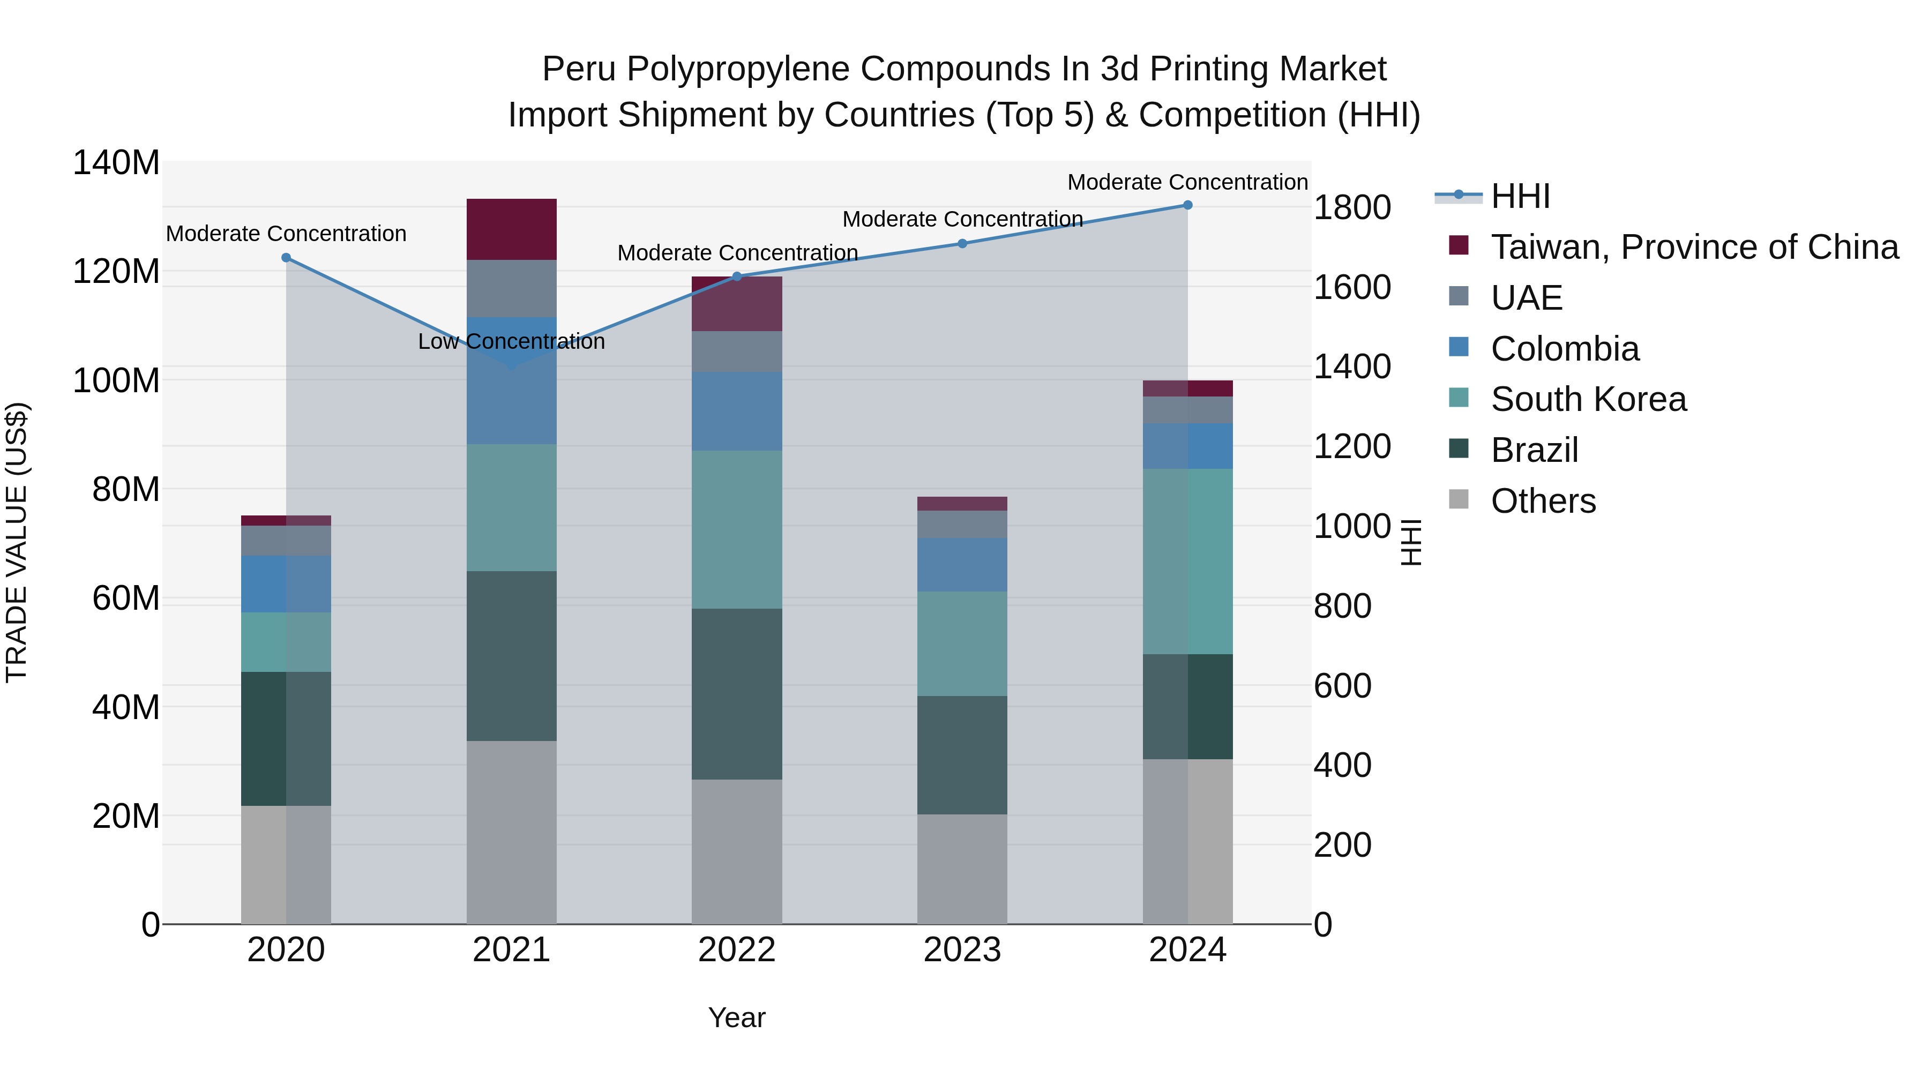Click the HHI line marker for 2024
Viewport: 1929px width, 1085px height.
1187,205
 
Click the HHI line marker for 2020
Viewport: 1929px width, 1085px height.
286,258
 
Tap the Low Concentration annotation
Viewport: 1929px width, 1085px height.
512,341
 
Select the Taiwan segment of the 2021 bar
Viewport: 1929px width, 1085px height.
512,229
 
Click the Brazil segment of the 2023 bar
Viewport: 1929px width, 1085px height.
962,755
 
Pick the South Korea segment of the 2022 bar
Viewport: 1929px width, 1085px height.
737,529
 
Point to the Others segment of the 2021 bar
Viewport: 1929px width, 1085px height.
512,833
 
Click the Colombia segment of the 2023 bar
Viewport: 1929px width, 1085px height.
962,565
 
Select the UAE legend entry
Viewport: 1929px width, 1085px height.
1526,298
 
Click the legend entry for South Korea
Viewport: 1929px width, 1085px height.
1588,399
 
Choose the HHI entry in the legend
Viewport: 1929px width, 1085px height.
1520,196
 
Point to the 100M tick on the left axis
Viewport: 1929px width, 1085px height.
116,380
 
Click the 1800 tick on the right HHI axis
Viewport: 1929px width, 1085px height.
1352,207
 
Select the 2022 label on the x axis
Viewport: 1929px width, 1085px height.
737,950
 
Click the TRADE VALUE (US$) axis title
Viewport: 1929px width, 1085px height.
17,542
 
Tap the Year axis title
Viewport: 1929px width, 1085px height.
737,1017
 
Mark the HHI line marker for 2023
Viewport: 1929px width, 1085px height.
962,243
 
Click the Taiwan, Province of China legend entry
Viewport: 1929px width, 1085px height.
1694,247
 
